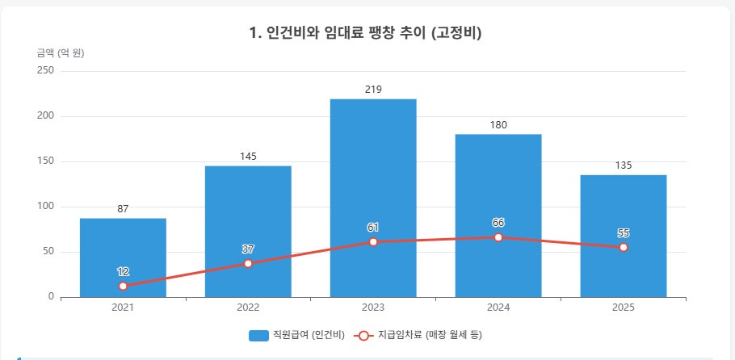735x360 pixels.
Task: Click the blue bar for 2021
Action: coord(123,257)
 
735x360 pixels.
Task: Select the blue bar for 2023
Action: coord(373,198)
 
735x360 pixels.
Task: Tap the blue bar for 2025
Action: coord(624,236)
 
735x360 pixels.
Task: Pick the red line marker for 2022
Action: coord(248,263)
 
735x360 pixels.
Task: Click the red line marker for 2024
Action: coord(498,237)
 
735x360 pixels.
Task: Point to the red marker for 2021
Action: coord(123,286)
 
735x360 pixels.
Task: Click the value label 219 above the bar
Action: coord(373,90)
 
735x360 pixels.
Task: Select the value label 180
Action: coord(498,125)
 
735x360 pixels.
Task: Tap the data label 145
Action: coord(248,157)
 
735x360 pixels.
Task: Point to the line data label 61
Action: coord(373,228)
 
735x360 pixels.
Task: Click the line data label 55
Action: coord(624,233)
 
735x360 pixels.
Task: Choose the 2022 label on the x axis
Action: coord(248,308)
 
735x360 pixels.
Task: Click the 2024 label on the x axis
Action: coord(498,308)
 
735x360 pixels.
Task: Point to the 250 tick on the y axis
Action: coord(45,71)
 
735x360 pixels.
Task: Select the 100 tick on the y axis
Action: coord(45,207)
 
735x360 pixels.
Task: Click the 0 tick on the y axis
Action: coord(51,297)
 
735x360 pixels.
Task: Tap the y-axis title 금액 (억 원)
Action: coord(61,53)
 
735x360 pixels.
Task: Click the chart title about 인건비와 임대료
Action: coord(366,33)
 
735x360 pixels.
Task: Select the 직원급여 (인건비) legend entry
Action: coord(296,335)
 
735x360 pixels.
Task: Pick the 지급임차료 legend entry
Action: coord(418,335)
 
